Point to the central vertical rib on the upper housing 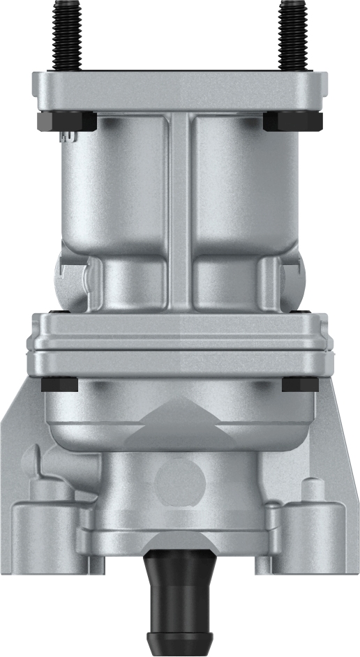click(179, 209)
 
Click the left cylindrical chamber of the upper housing click(115, 188)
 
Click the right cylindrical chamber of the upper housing click(244, 188)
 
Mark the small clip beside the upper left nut click(68, 137)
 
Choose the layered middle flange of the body click(179, 345)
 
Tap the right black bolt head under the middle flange click(300, 384)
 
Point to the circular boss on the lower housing click(179, 482)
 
